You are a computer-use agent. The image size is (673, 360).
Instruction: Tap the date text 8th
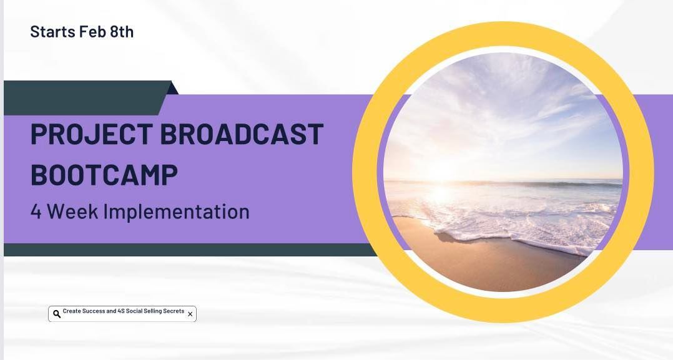122,32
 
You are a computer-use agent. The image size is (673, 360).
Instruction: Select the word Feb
92,32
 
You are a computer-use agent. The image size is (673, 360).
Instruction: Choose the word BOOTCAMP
104,175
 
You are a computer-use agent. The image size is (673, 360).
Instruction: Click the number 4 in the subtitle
36,212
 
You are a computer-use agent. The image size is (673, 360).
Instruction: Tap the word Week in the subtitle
74,212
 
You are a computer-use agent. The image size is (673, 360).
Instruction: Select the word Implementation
177,212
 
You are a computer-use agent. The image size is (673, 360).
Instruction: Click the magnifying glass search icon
57,314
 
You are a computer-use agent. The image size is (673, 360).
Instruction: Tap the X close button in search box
190,314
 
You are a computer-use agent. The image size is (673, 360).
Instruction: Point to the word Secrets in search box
174,311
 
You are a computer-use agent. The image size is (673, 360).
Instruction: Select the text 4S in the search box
122,311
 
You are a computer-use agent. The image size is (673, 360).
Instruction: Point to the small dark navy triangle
173,89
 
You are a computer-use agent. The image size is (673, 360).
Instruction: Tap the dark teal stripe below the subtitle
187,250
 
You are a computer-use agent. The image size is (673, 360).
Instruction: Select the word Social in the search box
139,311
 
